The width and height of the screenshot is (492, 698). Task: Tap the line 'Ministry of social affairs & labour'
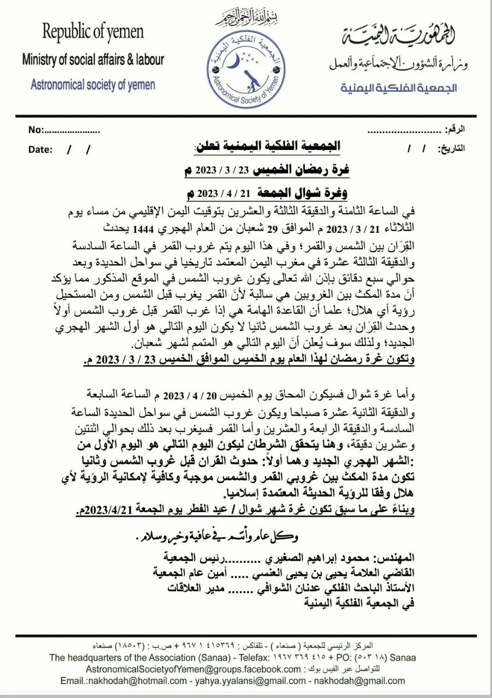click(x=93, y=59)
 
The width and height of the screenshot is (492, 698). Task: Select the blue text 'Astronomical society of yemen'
click(x=93, y=85)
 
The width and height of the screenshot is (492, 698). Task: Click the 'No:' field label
click(x=35, y=130)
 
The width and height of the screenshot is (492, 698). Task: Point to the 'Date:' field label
click(x=40, y=149)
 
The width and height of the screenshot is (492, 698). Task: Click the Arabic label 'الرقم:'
click(x=455, y=130)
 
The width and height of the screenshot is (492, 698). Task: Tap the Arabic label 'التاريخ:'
click(x=452, y=148)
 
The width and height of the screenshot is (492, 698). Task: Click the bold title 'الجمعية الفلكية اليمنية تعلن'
click(x=267, y=146)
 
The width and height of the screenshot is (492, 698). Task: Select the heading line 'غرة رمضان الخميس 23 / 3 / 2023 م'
click(x=267, y=170)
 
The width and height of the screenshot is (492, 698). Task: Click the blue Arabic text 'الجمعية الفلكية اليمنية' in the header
click(x=399, y=88)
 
